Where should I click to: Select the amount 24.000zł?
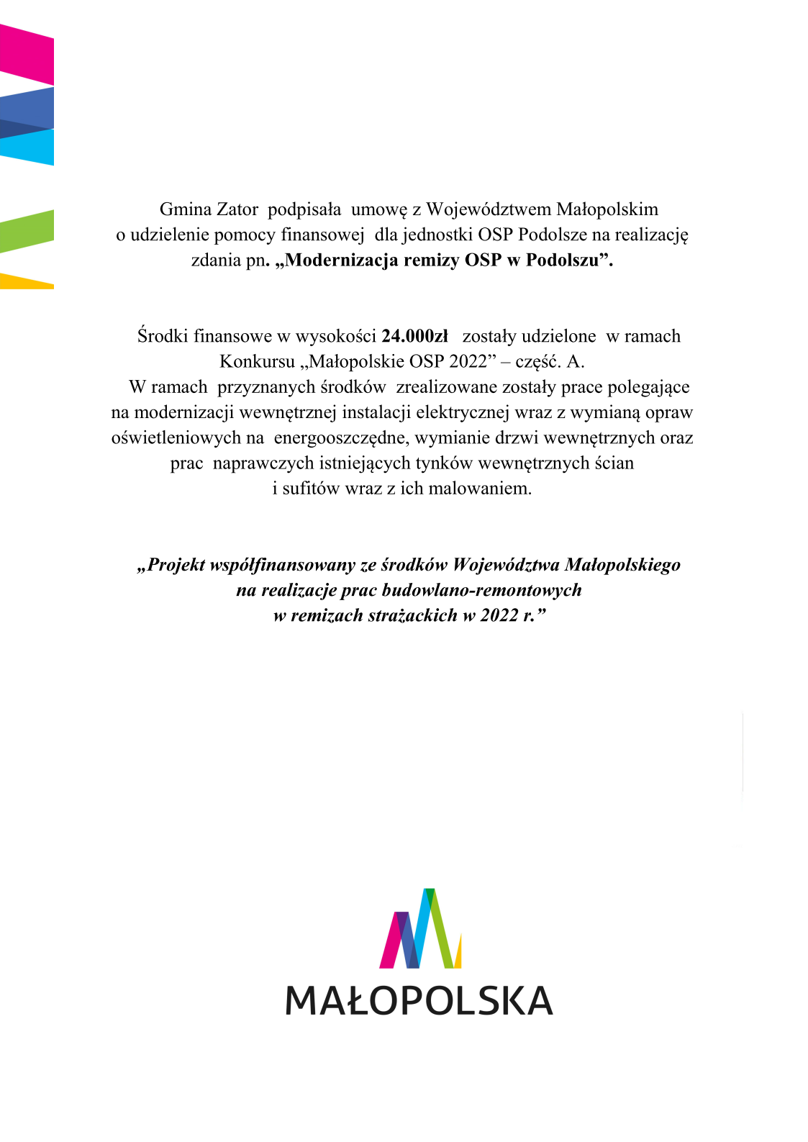pyautogui.click(x=414, y=336)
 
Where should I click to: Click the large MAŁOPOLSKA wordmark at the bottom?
pyautogui.click(x=419, y=1000)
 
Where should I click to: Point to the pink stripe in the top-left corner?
pyautogui.click(x=27, y=54)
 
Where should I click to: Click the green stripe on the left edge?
pyautogui.click(x=27, y=231)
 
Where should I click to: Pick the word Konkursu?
pyautogui.click(x=257, y=361)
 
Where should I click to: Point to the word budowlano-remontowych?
pyautogui.click(x=481, y=590)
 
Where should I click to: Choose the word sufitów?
pyautogui.click(x=312, y=489)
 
